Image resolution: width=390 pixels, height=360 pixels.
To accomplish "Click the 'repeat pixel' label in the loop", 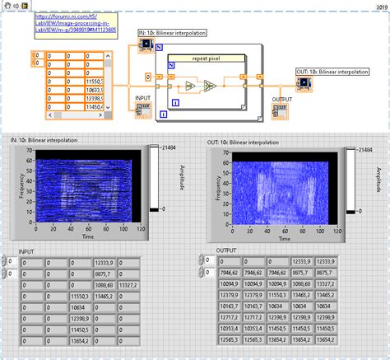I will tap(207, 58).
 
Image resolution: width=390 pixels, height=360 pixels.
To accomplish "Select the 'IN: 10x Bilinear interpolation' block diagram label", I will tap(173, 33).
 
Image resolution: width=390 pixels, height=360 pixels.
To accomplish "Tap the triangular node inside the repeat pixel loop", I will tap(209, 86).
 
